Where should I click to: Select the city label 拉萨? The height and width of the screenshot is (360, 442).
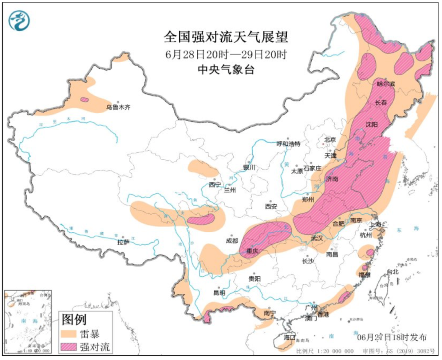(123, 242)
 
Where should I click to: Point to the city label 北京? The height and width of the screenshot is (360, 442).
(329, 140)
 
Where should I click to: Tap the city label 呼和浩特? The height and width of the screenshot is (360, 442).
(288, 144)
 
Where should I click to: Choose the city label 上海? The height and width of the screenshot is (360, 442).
(375, 224)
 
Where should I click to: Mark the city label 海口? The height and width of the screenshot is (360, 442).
(290, 337)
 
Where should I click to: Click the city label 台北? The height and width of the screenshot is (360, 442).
(392, 272)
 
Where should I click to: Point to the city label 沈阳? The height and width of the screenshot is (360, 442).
(371, 124)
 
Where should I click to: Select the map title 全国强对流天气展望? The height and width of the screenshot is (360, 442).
(226, 37)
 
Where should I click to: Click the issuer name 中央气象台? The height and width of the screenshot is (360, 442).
(226, 70)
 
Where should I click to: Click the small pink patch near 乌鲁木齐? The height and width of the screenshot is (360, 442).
(84, 100)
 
